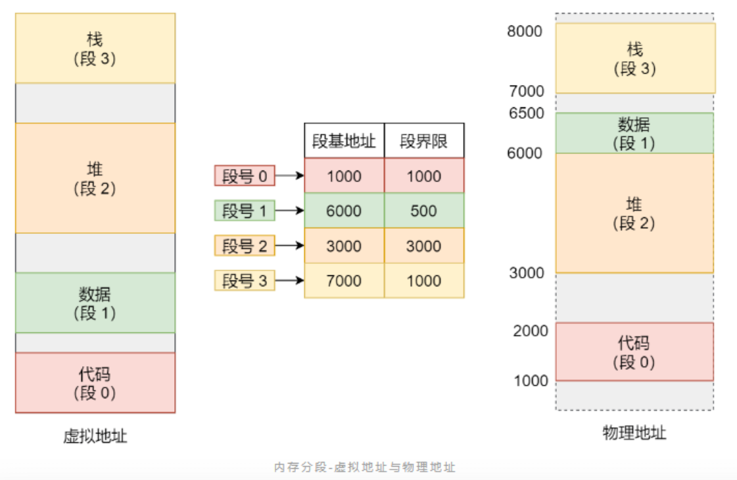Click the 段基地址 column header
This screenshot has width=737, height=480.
click(344, 141)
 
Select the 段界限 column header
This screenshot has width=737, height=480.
click(423, 141)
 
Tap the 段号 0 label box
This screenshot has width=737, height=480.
click(245, 176)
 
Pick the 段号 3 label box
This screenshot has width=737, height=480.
click(245, 280)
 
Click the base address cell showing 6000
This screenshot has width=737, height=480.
click(344, 211)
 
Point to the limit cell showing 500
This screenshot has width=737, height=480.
click(423, 211)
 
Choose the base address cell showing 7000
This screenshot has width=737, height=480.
click(344, 280)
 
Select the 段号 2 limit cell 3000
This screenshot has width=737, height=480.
click(423, 246)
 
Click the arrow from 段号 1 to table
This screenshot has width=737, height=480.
click(289, 211)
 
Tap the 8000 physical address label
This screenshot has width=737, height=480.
click(525, 31)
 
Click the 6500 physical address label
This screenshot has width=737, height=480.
click(526, 113)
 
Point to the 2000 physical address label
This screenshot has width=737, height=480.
click(530, 331)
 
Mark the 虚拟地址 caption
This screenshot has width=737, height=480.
click(95, 436)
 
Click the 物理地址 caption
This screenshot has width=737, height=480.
click(634, 433)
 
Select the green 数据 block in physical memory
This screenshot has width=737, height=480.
click(634, 133)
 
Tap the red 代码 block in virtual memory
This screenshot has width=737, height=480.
click(95, 383)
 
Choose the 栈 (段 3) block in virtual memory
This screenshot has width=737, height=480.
click(95, 48)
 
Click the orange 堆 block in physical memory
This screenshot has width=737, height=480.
click(634, 213)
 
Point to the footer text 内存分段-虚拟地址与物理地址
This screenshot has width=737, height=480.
click(364, 467)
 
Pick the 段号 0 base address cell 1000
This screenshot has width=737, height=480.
click(344, 176)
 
